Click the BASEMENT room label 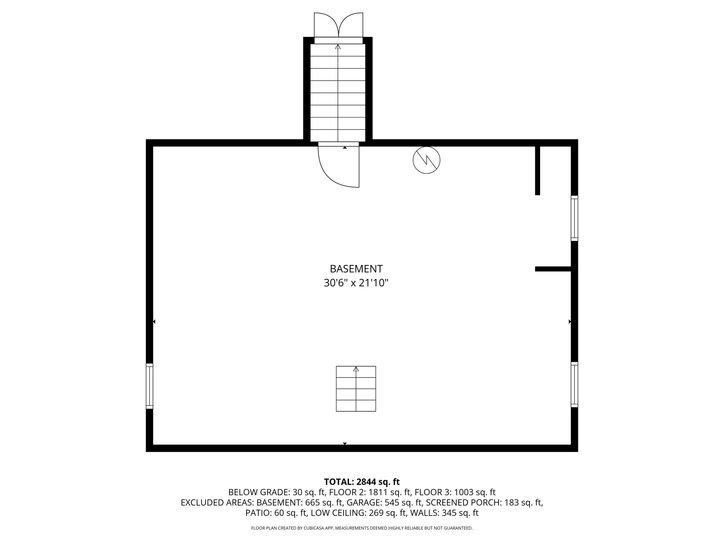click(356, 269)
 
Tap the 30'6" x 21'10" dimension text click(356, 283)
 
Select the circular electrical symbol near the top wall click(426, 160)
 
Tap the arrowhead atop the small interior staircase click(356, 369)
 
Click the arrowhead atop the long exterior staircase click(338, 47)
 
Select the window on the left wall click(149, 386)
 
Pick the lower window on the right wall click(574, 385)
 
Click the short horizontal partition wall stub click(553, 269)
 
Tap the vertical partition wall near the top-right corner click(537, 167)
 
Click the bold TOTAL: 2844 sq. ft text click(362, 482)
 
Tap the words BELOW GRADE click(258, 492)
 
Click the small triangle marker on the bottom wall click(345, 444)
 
